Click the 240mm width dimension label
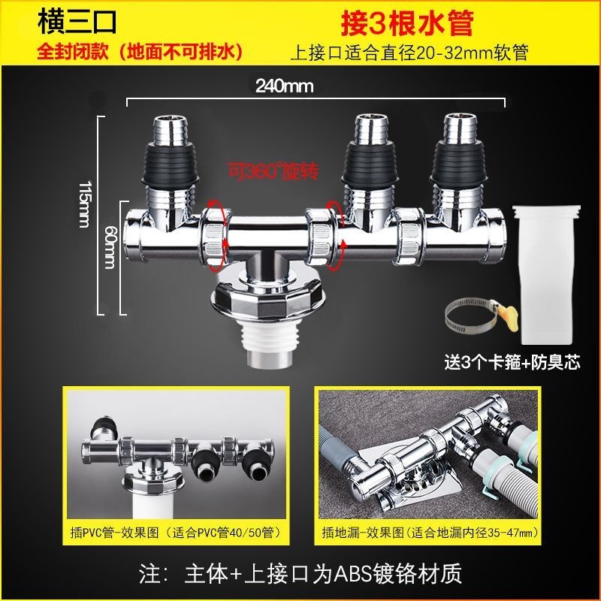click(x=285, y=86)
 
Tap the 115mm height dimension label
click(x=85, y=204)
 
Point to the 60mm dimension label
click(x=110, y=246)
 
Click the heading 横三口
click(x=77, y=22)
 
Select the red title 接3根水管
click(x=407, y=23)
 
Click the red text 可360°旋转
click(x=273, y=171)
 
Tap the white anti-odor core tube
click(x=546, y=273)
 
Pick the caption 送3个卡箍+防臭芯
click(x=512, y=362)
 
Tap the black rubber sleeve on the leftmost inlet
click(x=171, y=165)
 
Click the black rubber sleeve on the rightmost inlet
click(x=458, y=165)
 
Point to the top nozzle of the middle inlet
click(x=369, y=128)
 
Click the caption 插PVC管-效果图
click(x=115, y=533)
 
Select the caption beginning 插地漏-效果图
click(x=430, y=533)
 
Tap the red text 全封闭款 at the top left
click(x=72, y=52)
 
